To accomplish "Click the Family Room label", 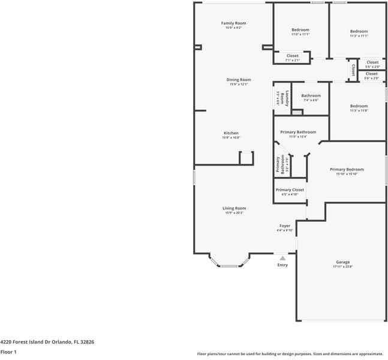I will tap(234, 23).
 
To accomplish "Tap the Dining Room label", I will tap(239, 80).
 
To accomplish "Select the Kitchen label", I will tap(231, 133).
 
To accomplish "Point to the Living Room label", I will tap(234, 208).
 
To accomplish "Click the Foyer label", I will tap(285, 226).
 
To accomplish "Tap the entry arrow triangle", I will tap(282, 258).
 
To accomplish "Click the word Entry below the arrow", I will tap(282, 265).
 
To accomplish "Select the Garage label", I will tap(343, 262).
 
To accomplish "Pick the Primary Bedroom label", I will tap(347, 169).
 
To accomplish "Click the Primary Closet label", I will tap(290, 190).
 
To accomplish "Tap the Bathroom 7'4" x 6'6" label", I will tap(311, 95).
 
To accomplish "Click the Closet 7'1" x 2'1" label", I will tap(292, 56).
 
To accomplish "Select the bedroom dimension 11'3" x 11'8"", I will tap(359, 111).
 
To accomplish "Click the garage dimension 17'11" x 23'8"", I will tap(343, 267).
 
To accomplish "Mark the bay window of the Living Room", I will tap(229, 265).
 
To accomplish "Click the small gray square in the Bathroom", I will tap(297, 112).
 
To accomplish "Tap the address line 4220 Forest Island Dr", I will tap(47, 341).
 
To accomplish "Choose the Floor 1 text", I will tap(8, 352).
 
